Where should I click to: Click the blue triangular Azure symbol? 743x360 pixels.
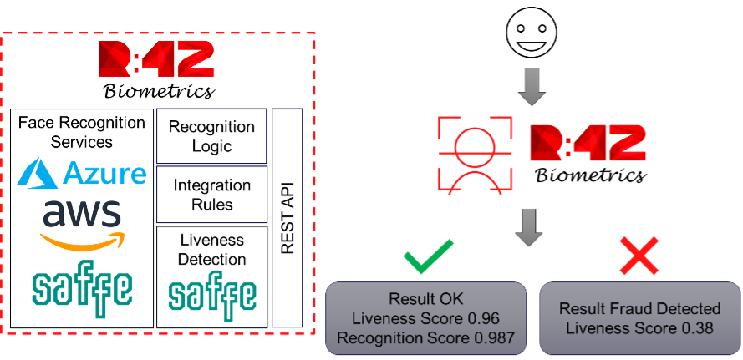click(x=39, y=173)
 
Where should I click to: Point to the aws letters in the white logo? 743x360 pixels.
click(x=82, y=215)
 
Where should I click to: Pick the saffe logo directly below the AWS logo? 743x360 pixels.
click(x=83, y=293)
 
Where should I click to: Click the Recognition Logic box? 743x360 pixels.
click(x=211, y=137)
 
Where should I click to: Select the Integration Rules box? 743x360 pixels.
click(x=211, y=195)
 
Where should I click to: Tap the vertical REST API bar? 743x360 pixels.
click(x=287, y=217)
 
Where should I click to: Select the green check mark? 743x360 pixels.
click(x=427, y=256)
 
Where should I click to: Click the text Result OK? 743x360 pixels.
click(x=425, y=299)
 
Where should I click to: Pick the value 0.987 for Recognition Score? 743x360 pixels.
click(x=494, y=337)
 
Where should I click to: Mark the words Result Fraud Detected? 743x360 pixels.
click(x=639, y=309)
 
